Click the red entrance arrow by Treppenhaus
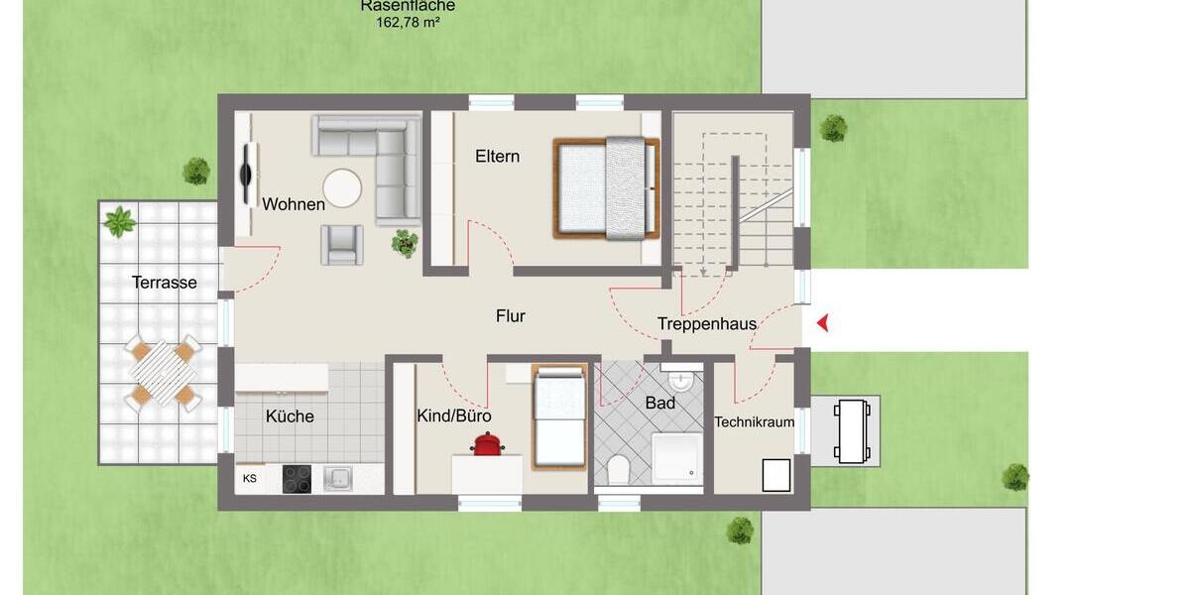[x=822, y=322]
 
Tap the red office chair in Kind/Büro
[x=485, y=443]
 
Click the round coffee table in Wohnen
[x=343, y=188]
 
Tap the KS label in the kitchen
[x=250, y=478]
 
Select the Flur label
[x=511, y=316]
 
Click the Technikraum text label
[x=755, y=422]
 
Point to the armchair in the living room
[x=341, y=244]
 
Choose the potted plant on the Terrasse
[x=121, y=220]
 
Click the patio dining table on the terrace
[x=161, y=374]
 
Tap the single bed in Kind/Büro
[x=560, y=416]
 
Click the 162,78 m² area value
[x=408, y=22]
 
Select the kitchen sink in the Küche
[x=339, y=478]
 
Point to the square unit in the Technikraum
[x=775, y=475]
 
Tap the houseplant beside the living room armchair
[x=404, y=243]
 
